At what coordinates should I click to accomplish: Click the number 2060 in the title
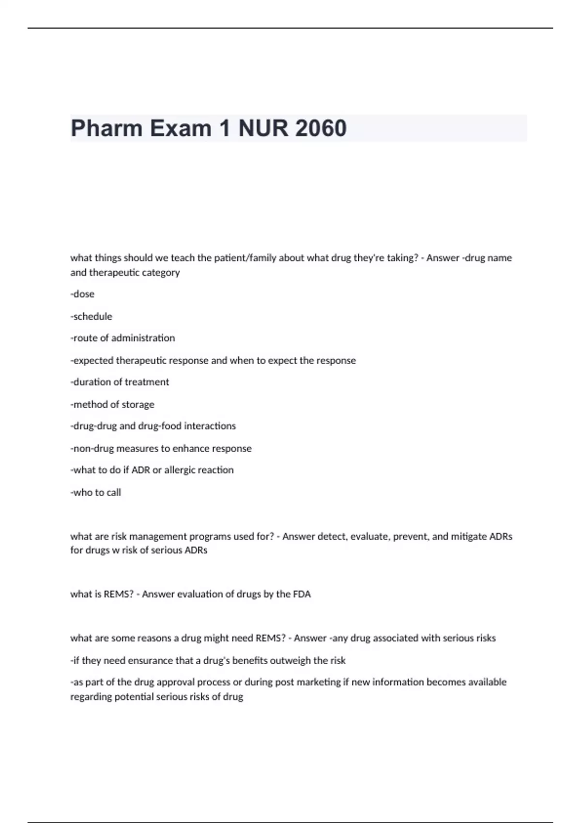(320, 128)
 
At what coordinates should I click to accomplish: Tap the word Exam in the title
(181, 128)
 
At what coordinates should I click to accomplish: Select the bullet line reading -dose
(82, 294)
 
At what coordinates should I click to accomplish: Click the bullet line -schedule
(91, 316)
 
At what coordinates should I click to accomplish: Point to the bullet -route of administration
(122, 338)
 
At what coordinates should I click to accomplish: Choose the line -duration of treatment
(120, 382)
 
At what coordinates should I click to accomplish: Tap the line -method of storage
(112, 404)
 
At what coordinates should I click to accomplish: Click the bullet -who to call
(96, 492)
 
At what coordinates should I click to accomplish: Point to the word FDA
(302, 594)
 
